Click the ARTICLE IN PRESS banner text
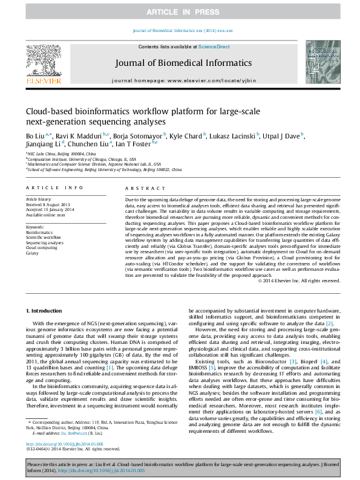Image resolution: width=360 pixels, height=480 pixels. (x=180, y=12)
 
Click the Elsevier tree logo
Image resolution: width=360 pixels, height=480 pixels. (x=43, y=62)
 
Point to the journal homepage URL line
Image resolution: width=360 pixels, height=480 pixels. (x=180, y=80)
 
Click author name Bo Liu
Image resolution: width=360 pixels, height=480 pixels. (x=35, y=136)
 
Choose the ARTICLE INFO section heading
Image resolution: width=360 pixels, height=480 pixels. (x=54, y=189)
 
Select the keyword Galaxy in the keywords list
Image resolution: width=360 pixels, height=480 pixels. (x=32, y=253)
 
